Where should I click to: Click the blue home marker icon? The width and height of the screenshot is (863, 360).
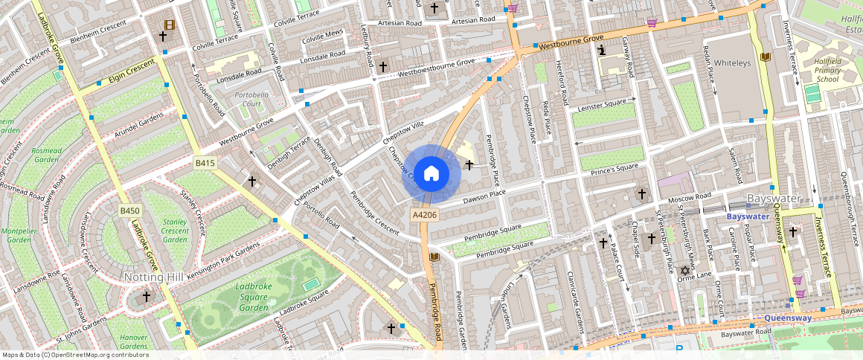pyautogui.click(x=431, y=174)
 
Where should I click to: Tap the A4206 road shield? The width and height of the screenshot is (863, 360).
pyautogui.click(x=424, y=214)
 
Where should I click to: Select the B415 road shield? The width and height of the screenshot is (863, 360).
pyautogui.click(x=205, y=163)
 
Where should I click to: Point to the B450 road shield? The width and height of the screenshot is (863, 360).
pyautogui.click(x=130, y=211)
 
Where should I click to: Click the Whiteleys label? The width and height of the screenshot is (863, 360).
pyautogui.click(x=734, y=63)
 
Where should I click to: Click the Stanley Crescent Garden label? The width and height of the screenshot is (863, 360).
pyautogui.click(x=175, y=231)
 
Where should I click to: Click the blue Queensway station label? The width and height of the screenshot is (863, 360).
pyautogui.click(x=788, y=318)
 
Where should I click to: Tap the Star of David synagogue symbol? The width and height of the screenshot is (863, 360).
pyautogui.click(x=684, y=270)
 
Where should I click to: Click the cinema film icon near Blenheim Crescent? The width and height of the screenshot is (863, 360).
pyautogui.click(x=170, y=25)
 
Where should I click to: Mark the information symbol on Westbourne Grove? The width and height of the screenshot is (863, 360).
pyautogui.click(x=601, y=50)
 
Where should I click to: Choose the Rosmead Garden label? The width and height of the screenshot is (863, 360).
pyautogui.click(x=46, y=155)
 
